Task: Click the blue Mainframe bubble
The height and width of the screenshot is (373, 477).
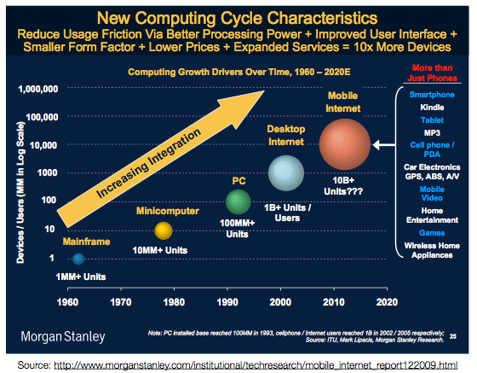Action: [x=78, y=258]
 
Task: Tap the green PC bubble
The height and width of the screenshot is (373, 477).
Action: [x=238, y=202]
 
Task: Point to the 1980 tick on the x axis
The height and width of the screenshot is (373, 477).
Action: [x=174, y=301]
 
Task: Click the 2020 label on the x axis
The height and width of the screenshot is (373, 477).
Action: [x=387, y=301]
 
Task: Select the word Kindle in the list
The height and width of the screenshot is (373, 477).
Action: [x=432, y=108]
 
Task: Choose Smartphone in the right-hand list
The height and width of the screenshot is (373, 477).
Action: [x=432, y=94]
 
